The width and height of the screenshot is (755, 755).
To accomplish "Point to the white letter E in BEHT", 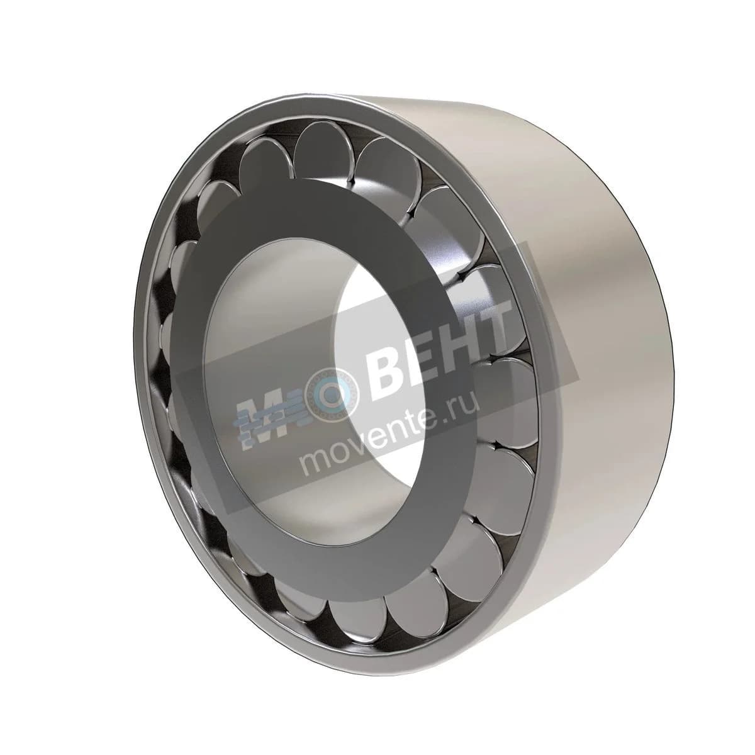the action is (427, 350).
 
